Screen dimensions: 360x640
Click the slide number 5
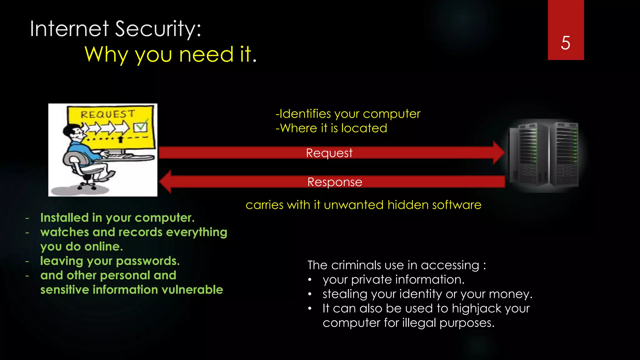565,43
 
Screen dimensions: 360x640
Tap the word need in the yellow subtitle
206,54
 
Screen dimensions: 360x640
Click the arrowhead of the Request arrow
499,152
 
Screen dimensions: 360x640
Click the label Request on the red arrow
329,153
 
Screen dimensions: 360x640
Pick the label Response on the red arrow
335,182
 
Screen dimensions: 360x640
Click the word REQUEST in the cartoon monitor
107,114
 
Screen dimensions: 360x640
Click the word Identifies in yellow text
305,114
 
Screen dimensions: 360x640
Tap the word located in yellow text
364,128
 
